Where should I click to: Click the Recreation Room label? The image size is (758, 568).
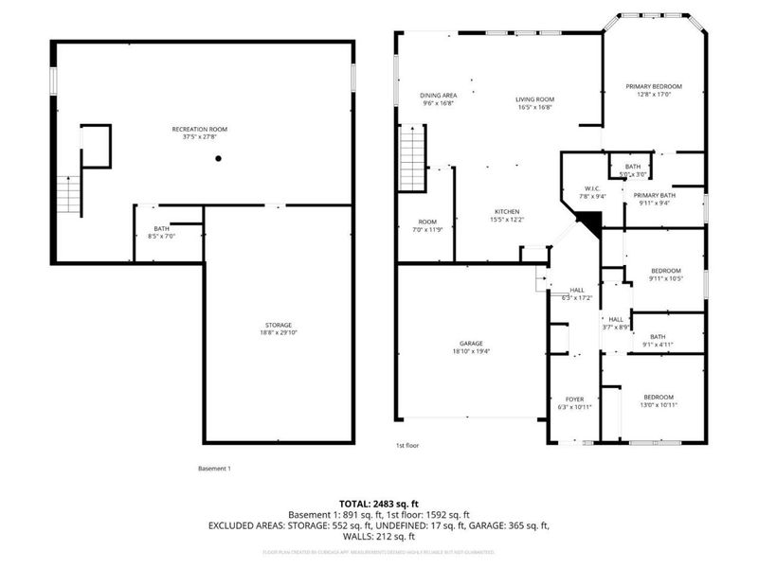pos(199,133)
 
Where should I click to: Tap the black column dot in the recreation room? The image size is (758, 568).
pos(218,159)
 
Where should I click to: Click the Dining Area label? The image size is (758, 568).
pos(439,99)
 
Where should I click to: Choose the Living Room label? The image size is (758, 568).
pos(534,103)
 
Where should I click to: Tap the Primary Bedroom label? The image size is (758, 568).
pos(653,90)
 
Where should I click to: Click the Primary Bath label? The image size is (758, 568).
pos(653,198)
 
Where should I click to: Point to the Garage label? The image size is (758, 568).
pos(471,346)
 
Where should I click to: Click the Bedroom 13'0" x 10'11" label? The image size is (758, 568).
pos(659,400)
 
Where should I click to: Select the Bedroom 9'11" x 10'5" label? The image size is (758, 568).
pos(665,274)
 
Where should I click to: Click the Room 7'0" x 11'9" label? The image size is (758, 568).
pos(427,224)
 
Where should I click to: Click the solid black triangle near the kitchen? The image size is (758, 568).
pos(589,224)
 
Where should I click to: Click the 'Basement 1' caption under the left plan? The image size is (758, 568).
pos(214,469)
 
